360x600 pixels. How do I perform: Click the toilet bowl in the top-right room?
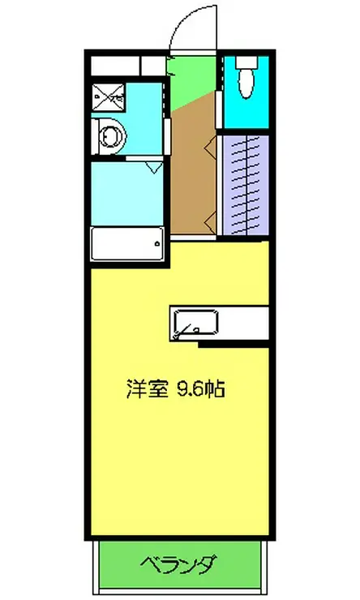[x=246, y=83]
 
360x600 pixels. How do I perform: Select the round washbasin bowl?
[x=112, y=136]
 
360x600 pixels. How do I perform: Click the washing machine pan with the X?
[x=109, y=96]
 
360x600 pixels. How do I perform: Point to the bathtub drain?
[x=156, y=243]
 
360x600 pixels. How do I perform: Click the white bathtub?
[x=127, y=244]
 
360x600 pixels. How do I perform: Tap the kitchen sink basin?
[x=196, y=322]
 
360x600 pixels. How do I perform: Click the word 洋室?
[x=148, y=388]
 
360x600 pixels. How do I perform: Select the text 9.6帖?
[x=200, y=388]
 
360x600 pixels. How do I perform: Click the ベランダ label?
[x=178, y=565]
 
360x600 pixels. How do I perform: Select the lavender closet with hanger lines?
[x=246, y=185]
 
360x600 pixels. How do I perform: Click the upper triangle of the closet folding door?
[x=211, y=148]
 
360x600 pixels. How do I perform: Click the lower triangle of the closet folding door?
[x=211, y=223]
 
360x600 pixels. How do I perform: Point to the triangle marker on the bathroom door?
[x=154, y=167]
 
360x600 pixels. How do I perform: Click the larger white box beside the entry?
[x=115, y=66]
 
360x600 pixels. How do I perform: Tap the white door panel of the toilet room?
[x=219, y=109]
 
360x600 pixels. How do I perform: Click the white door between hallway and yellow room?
[x=194, y=238]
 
